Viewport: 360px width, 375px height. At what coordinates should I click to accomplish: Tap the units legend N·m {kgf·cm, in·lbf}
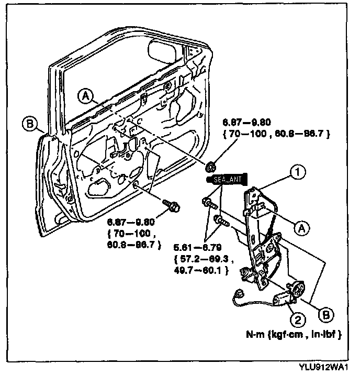click(x=297, y=334)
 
